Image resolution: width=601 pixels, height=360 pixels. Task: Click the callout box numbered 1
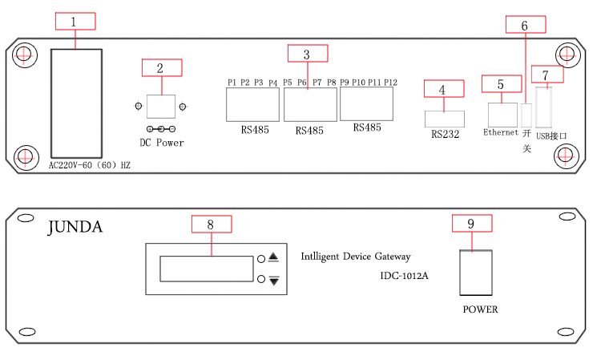click(75, 22)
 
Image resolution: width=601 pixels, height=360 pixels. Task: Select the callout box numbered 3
click(308, 54)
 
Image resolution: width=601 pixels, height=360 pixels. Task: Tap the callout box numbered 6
click(525, 24)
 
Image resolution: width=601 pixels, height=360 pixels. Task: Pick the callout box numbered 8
click(210, 224)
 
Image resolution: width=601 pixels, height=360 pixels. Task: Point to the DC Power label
click(161, 143)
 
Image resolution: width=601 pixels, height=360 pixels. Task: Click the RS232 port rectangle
click(444, 119)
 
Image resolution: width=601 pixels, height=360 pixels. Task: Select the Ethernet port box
click(502, 113)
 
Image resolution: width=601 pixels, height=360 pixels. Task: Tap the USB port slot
click(546, 107)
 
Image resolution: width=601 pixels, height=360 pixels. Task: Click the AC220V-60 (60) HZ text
click(90, 166)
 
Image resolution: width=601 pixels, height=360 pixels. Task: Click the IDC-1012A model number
click(405, 277)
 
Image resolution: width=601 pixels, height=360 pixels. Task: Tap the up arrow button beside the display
click(274, 257)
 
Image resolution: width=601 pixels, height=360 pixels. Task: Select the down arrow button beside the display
click(274, 280)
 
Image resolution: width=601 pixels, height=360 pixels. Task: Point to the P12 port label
click(390, 82)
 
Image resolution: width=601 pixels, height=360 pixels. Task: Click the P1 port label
click(232, 82)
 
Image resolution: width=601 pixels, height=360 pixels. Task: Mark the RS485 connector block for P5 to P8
click(310, 103)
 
